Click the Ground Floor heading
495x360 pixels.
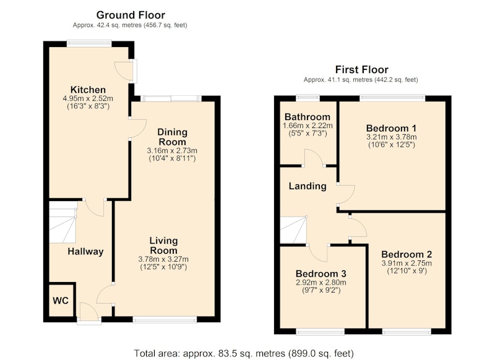[x=131, y=15]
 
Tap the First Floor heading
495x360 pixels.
[x=362, y=69]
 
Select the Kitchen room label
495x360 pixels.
[x=88, y=90]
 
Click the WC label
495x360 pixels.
[x=61, y=301]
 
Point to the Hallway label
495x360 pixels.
[x=85, y=252]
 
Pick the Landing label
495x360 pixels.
[x=308, y=186]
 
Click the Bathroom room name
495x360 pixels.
[x=308, y=117]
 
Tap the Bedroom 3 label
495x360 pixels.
[x=321, y=273]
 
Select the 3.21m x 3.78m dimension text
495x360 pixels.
[x=392, y=137]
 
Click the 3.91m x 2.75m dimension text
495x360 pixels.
[x=407, y=263]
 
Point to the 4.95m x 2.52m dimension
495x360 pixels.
[x=88, y=98]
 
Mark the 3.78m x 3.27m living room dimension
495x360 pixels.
[x=163, y=259]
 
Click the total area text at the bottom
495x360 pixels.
[x=244, y=353]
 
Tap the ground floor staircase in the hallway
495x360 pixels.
[x=63, y=222]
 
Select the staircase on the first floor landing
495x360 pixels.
[x=293, y=229]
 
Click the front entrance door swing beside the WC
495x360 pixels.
[x=89, y=310]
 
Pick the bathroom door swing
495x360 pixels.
[x=314, y=157]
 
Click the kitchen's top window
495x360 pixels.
[x=89, y=43]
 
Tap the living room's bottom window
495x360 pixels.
[x=165, y=320]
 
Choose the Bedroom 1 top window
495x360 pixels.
[x=392, y=98]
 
